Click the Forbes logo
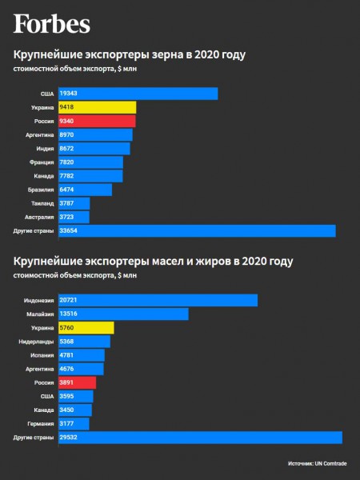(52, 24)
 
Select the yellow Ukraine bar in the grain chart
(98, 107)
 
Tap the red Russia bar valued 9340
(97, 122)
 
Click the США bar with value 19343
(138, 94)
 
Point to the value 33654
(68, 230)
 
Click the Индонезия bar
(158, 300)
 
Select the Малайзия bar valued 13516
(123, 314)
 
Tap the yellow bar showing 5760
(86, 328)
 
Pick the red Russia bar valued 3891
(77, 382)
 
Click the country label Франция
(42, 162)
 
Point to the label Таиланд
(42, 203)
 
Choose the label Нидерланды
(36, 342)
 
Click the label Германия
(41, 424)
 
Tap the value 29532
(68, 438)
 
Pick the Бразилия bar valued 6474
(85, 190)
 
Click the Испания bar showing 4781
(82, 355)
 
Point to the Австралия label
(39, 217)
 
